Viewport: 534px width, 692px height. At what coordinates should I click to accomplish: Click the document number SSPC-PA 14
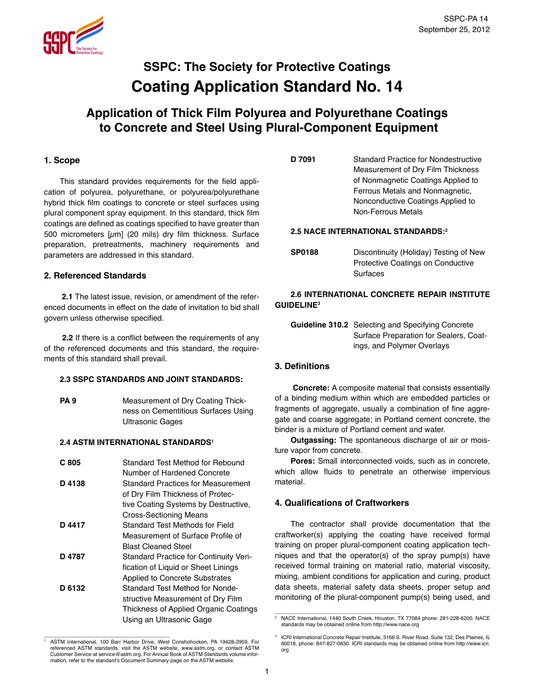466,19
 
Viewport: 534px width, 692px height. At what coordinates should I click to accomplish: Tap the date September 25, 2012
454,30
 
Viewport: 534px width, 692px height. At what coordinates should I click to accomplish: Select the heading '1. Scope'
62,160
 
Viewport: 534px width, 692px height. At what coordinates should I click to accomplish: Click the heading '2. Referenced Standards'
95,276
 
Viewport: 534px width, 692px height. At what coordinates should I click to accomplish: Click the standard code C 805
70,462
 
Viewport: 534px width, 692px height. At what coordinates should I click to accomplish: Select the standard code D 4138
73,483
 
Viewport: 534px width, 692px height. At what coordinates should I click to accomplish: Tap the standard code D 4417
73,525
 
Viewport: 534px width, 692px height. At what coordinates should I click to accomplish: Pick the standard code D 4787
73,557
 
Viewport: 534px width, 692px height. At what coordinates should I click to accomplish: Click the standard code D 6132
73,588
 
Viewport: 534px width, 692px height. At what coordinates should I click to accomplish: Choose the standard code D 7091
303,159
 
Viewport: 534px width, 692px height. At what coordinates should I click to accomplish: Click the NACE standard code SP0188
304,253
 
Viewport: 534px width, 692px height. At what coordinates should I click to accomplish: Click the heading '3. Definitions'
302,366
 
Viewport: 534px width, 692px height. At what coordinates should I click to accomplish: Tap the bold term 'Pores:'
302,461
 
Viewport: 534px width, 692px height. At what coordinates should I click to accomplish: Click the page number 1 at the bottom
267,671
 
